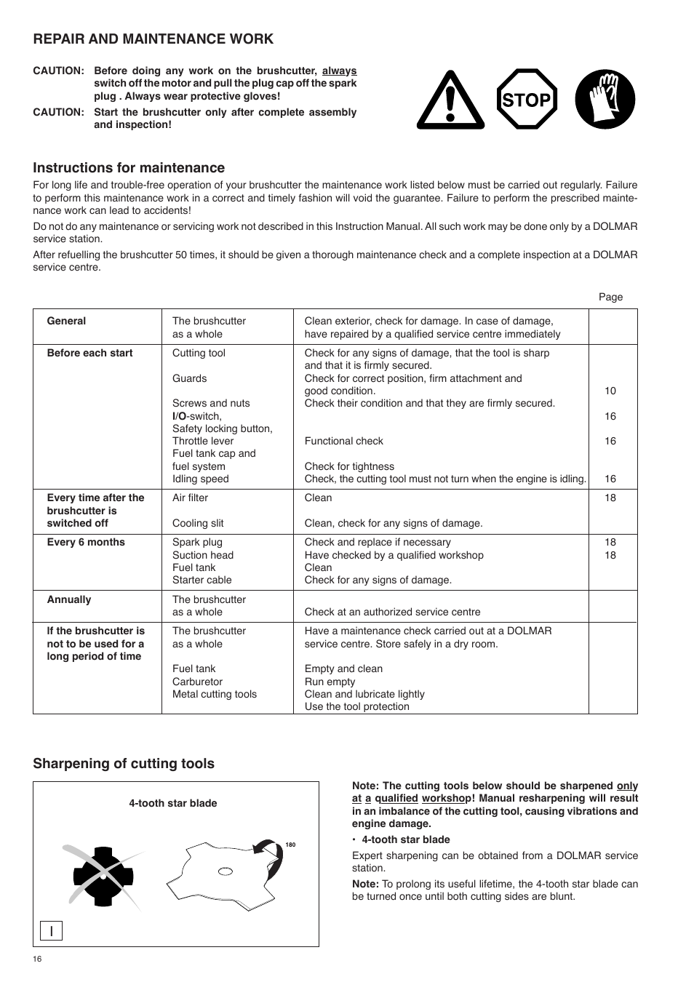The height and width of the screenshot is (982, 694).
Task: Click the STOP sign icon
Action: click(527, 100)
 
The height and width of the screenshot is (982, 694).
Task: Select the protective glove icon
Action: click(605, 100)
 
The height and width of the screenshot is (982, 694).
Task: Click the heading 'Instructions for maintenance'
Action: click(129, 168)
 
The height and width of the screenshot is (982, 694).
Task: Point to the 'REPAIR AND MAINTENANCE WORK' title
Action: click(153, 39)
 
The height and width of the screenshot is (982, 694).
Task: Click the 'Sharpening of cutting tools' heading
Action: click(124, 764)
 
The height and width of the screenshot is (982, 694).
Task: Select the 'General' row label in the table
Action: click(66, 321)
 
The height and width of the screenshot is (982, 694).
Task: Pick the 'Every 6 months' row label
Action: click(86, 542)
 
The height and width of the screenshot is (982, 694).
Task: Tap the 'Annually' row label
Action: click(69, 599)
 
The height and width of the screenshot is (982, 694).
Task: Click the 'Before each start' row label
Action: click(89, 353)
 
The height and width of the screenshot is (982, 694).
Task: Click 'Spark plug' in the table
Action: click(197, 542)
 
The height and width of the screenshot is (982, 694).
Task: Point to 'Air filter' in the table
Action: click(190, 498)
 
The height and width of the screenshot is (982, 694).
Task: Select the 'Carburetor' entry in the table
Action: click(197, 682)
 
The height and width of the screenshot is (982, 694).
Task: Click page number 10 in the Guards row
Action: click(610, 391)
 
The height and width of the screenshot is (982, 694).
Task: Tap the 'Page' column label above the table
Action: click(610, 297)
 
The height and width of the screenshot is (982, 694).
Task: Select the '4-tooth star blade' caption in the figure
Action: click(173, 803)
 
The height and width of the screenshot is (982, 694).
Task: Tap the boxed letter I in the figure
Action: click(52, 930)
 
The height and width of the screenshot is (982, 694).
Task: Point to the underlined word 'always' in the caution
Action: click(339, 71)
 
